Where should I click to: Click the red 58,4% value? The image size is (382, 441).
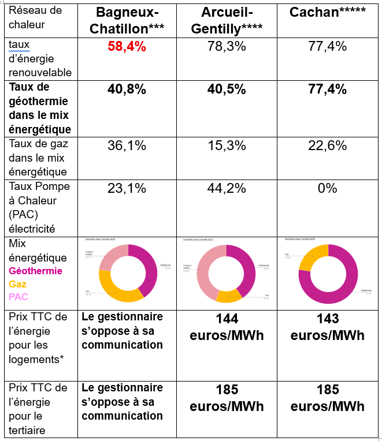(x=127, y=47)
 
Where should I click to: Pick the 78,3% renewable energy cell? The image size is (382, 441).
(x=226, y=47)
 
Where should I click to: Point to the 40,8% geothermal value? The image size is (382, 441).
(x=127, y=89)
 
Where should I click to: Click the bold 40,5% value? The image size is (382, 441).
(x=226, y=89)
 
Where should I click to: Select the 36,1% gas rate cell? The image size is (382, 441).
(x=127, y=146)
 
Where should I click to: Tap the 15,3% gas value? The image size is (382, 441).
(x=226, y=146)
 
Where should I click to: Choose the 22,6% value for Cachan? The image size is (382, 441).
(x=327, y=146)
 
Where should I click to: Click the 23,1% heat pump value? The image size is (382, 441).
(x=127, y=188)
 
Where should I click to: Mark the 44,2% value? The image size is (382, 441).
(x=226, y=188)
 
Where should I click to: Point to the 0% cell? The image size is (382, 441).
(x=327, y=188)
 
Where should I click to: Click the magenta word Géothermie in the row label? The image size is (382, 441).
(x=36, y=271)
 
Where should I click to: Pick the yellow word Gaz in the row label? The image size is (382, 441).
(x=18, y=284)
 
